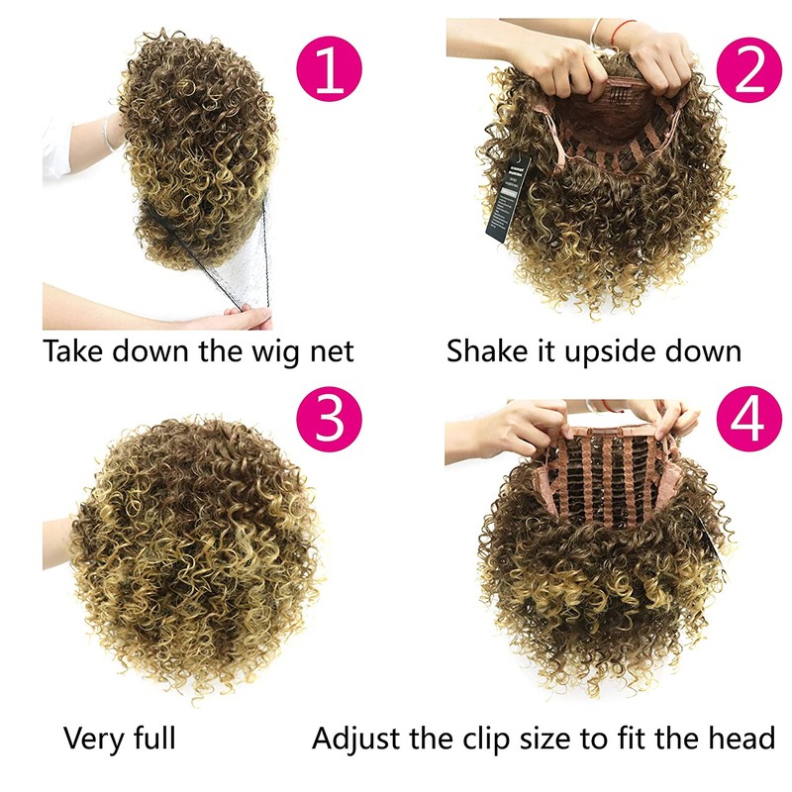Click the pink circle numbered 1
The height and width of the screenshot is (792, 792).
tap(329, 68)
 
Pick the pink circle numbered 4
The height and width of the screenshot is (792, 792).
tap(749, 419)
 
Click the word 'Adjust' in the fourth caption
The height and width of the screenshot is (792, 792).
tap(357, 739)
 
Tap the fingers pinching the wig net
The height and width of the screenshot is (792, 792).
tap(247, 317)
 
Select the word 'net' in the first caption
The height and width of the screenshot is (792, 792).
tap(332, 352)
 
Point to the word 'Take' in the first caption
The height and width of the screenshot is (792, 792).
tap(74, 350)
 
